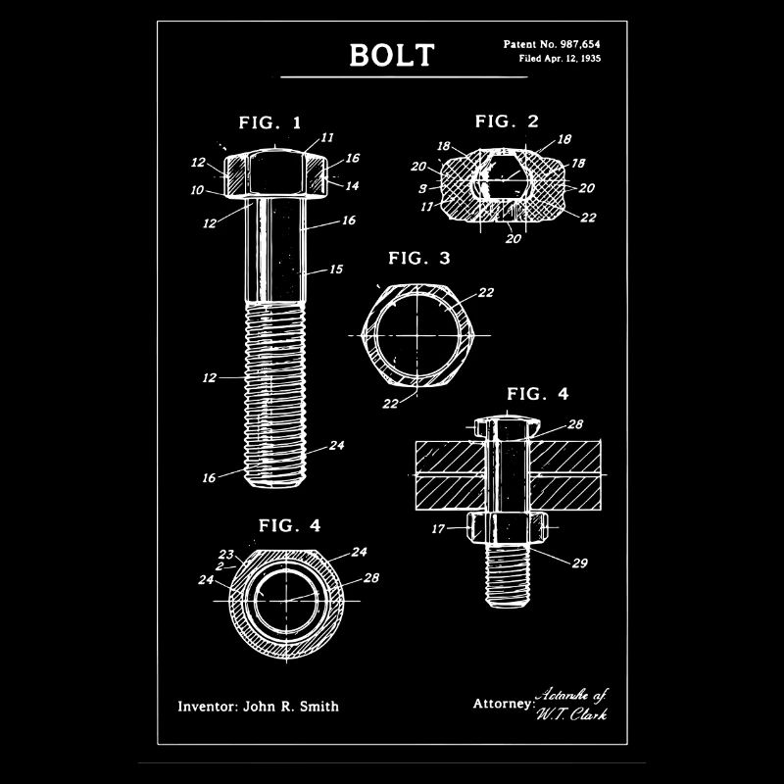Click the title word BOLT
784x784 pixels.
pos(391,54)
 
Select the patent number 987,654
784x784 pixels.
pos(576,45)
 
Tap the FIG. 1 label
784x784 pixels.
pos(270,123)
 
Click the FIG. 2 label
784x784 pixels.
pos(507,122)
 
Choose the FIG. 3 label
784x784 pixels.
pos(418,259)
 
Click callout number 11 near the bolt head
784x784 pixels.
pos(326,137)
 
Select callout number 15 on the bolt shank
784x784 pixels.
pos(335,269)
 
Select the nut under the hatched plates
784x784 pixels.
pos(505,529)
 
